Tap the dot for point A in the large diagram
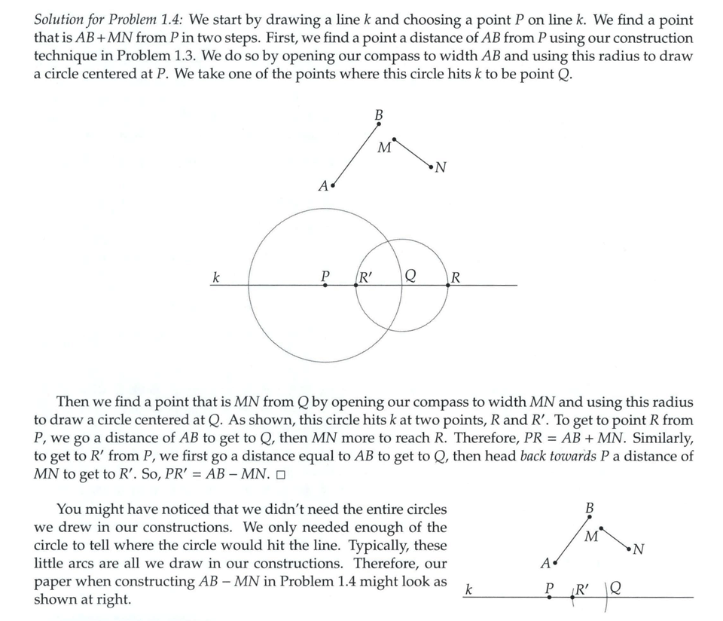pos(333,183)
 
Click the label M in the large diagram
pos(383,148)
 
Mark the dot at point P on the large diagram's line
pos(325,285)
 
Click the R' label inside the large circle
pos(368,276)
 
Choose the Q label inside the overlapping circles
pos(410,276)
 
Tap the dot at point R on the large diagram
pos(448,285)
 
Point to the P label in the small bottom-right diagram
pos(549,588)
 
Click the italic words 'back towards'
pos(555,456)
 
